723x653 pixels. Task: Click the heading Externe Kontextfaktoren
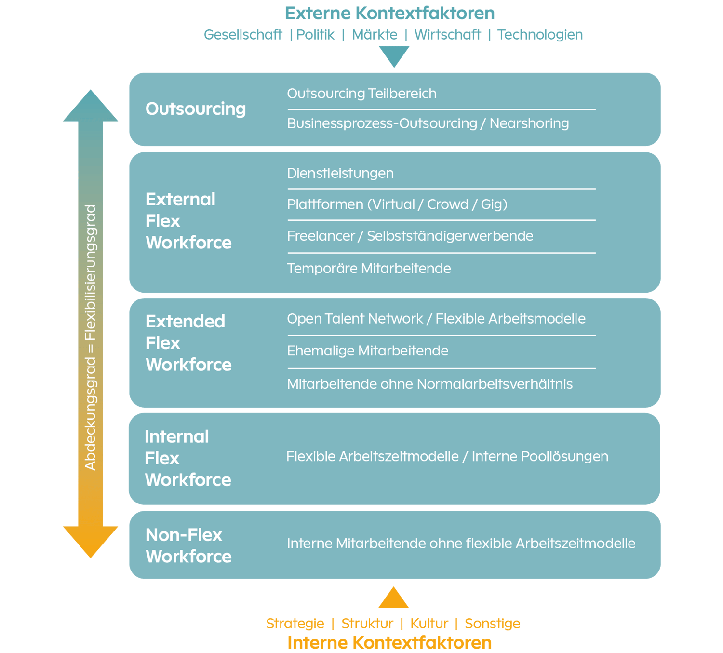coord(389,13)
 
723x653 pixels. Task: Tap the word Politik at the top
coord(315,35)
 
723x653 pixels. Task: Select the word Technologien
coord(540,35)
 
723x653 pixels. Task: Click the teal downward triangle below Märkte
coord(394,55)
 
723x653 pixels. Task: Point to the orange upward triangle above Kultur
coord(394,599)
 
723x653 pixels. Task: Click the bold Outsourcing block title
coord(196,109)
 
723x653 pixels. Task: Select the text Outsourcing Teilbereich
coord(361,94)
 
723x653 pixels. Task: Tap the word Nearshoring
coord(529,123)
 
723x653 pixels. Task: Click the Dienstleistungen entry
coord(340,173)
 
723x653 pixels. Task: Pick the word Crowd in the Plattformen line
coord(447,204)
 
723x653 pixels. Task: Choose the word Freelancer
coord(321,236)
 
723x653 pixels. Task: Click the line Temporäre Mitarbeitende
coord(369,269)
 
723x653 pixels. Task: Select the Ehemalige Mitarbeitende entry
coord(367,351)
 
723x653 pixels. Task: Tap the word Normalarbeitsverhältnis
coord(495,384)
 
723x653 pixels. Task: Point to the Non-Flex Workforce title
coord(188,545)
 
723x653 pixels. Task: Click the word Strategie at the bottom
coord(295,624)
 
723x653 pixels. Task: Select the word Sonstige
coord(492,624)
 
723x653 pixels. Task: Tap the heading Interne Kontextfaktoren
coord(389,643)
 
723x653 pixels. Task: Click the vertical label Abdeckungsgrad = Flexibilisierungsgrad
coord(91,338)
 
